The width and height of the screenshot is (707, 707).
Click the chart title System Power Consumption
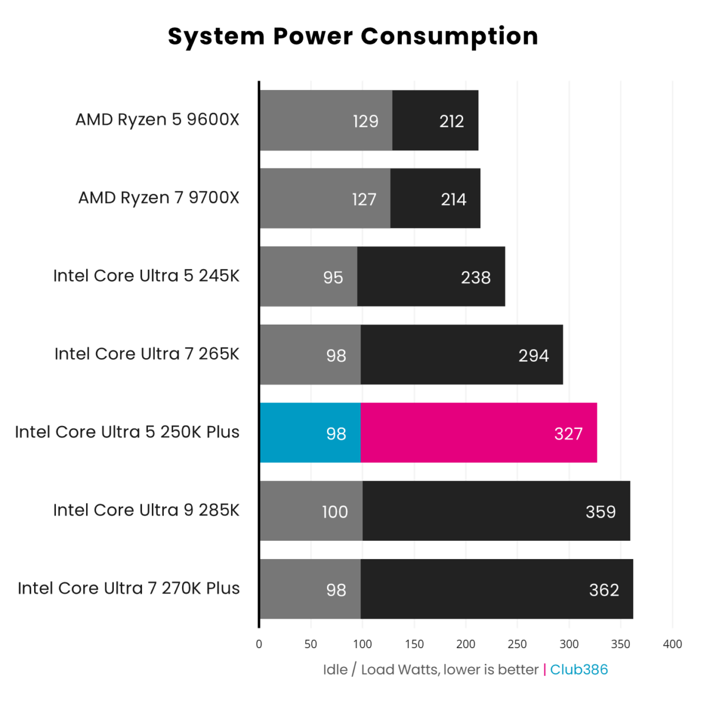tap(353, 37)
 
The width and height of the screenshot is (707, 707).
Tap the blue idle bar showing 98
tap(310, 433)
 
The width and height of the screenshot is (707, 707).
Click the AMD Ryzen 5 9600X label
tap(157, 120)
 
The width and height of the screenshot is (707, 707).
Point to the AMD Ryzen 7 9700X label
tap(158, 198)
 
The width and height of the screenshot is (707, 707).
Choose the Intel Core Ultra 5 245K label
tap(146, 276)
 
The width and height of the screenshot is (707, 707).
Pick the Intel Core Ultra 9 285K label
tap(146, 510)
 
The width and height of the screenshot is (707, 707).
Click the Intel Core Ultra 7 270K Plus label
tap(128, 589)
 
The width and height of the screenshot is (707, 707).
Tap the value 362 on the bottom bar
tap(604, 590)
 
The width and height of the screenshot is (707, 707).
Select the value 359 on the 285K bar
tap(600, 512)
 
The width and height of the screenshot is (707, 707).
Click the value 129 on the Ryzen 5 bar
tap(365, 121)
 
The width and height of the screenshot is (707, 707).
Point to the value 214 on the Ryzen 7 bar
tap(454, 200)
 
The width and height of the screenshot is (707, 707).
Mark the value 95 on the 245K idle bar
tap(333, 277)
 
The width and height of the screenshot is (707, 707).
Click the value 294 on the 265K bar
tap(533, 356)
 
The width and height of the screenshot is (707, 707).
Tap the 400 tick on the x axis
tap(672, 644)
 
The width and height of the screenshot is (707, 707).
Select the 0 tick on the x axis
tap(259, 644)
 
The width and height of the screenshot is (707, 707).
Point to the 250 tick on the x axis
tap(517, 644)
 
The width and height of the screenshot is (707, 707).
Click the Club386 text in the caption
tap(579, 670)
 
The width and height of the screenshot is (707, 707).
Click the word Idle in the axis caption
tap(335, 670)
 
